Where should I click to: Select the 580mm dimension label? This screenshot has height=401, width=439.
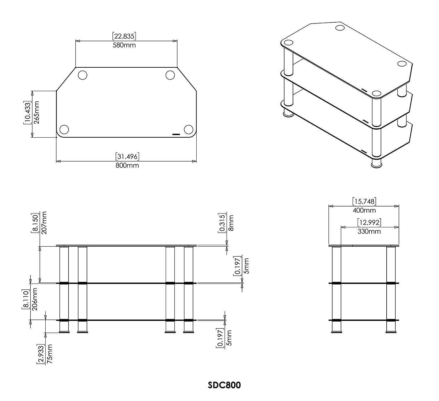(x=124, y=45)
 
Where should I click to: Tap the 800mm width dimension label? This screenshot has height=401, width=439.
(x=127, y=165)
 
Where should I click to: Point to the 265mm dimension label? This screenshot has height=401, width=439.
(x=36, y=112)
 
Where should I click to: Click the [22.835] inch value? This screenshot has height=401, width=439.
(x=124, y=36)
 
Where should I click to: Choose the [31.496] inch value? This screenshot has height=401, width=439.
(x=127, y=156)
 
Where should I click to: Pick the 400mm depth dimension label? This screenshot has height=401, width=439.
(x=364, y=210)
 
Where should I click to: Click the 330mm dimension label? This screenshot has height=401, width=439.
(x=369, y=231)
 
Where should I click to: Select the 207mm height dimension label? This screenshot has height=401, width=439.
(x=44, y=222)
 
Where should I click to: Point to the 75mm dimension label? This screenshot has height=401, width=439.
(x=49, y=354)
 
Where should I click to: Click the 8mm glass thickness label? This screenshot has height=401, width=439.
(x=231, y=223)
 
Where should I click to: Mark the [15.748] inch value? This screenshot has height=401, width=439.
(x=364, y=201)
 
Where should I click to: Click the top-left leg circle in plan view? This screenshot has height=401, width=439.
(x=83, y=75)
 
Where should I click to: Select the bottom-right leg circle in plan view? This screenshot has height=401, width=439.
(x=188, y=129)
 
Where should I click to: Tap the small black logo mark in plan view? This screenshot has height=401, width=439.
(x=176, y=134)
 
